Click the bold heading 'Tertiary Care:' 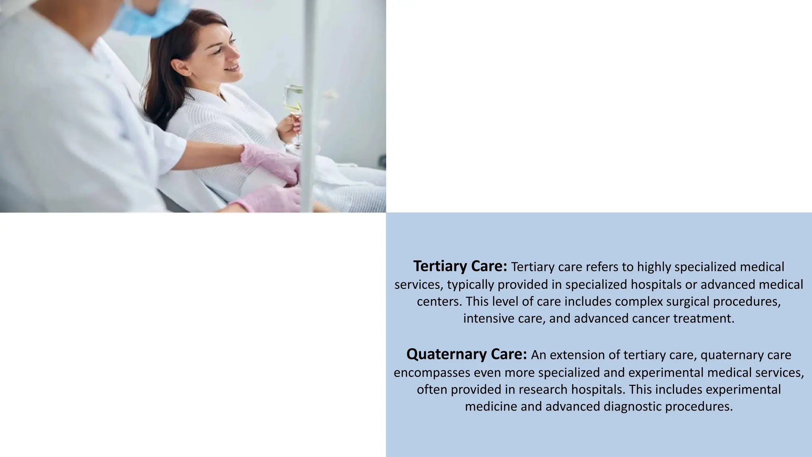[460, 266]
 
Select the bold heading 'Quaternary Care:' [466, 354]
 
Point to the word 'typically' [470, 285]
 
